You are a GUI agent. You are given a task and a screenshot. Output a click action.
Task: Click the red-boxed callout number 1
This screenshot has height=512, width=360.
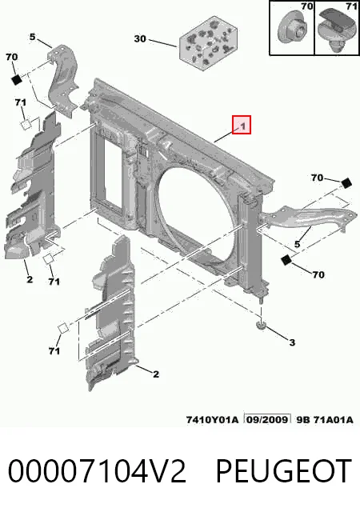242,125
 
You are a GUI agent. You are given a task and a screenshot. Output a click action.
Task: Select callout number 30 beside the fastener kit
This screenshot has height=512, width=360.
140,38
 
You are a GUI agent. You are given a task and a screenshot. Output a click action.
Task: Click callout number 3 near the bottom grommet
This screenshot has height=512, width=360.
292,342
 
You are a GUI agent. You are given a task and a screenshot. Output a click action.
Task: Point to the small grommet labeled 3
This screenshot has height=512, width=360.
261,325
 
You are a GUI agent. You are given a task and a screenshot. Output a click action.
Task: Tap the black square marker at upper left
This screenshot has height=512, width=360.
17,79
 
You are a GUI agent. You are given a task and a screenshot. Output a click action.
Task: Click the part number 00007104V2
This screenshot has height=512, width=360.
97,471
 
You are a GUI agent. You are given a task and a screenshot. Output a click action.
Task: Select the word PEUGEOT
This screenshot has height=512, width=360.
283,471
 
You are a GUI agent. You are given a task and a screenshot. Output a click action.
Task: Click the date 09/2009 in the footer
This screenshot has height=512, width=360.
267,419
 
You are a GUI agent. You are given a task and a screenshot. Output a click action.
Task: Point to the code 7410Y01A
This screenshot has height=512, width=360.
212,419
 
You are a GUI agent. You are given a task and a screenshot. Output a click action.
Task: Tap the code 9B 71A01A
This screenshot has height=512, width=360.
325,419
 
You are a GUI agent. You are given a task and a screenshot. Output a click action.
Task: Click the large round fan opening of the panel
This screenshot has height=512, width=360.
196,212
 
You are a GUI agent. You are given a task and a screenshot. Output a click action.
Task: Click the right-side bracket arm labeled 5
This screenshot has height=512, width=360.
307,217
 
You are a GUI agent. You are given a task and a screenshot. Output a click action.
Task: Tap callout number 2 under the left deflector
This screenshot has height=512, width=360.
30,279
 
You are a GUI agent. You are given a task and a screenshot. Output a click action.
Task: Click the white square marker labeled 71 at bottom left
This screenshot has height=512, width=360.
63,328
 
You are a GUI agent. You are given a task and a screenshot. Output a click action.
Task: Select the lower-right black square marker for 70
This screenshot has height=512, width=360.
286,259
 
